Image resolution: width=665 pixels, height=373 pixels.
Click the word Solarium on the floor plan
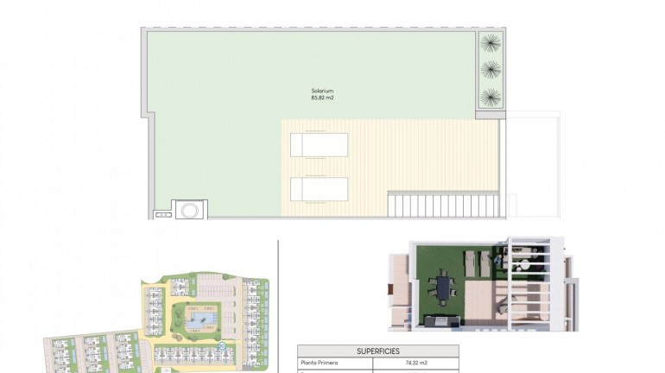[322, 91]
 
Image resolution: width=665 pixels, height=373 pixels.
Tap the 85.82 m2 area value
[322, 98]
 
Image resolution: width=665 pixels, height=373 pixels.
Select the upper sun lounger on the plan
[320, 144]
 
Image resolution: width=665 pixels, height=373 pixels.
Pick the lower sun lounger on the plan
[320, 189]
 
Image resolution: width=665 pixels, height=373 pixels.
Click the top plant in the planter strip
[491, 42]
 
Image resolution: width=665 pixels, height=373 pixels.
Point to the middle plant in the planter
[491, 69]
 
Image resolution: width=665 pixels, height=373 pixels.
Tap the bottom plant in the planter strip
[491, 96]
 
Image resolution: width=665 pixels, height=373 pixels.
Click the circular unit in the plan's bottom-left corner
[189, 209]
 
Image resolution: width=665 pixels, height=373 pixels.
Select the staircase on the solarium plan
[443, 205]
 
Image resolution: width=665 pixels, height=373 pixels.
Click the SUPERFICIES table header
[377, 351]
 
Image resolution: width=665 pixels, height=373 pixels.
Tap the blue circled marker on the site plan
[223, 346]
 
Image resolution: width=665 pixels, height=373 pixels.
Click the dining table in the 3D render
[444, 284]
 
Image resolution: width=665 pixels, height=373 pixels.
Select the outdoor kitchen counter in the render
[446, 321]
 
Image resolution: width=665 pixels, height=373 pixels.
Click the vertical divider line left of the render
[278, 302]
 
